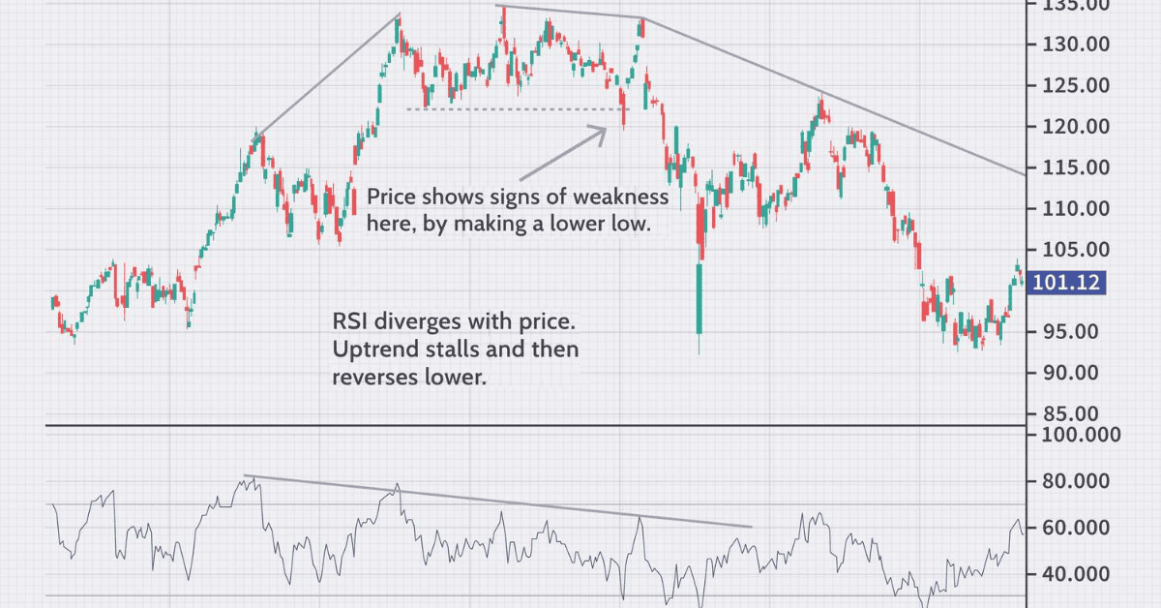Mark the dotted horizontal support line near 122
[513, 109]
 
